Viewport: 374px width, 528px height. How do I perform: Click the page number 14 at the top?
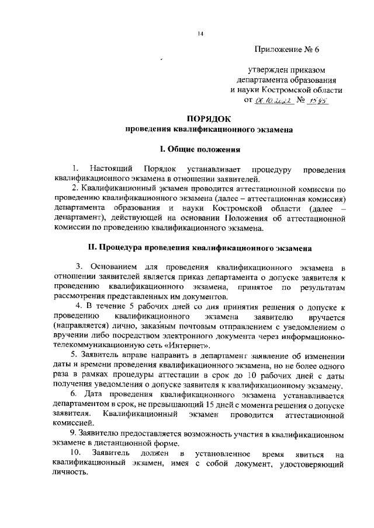point(200,34)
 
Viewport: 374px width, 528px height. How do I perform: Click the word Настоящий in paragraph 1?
point(110,169)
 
